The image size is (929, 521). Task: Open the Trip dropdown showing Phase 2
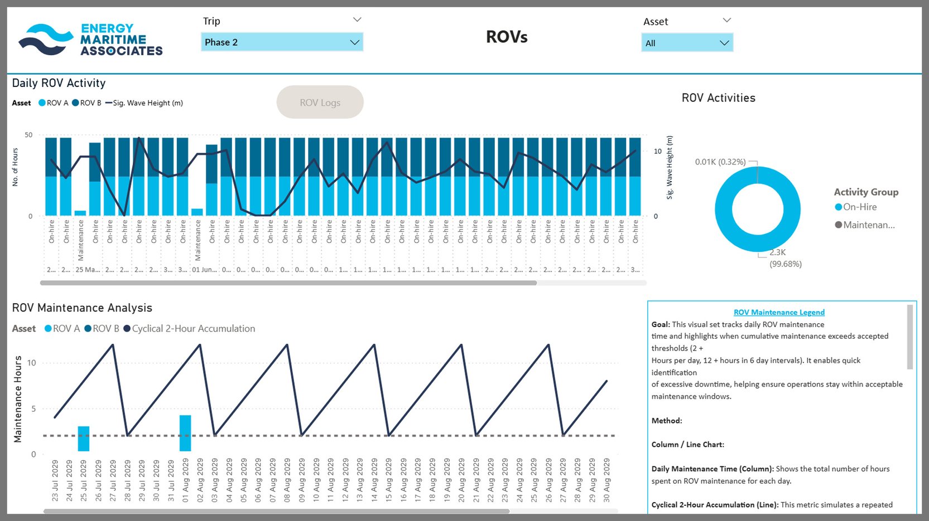click(282, 42)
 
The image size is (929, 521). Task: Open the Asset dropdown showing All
click(687, 43)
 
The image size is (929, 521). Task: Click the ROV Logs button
click(320, 103)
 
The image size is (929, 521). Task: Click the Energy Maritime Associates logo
click(90, 40)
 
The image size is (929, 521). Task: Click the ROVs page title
click(507, 37)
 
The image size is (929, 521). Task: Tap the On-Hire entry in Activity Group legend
click(859, 207)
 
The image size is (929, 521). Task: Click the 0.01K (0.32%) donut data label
click(720, 162)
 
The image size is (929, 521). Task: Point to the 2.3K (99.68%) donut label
click(784, 259)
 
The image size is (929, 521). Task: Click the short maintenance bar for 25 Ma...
click(80, 213)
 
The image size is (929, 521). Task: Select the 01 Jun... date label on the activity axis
click(204, 270)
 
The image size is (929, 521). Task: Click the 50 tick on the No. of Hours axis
click(28, 135)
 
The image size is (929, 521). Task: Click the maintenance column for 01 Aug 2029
click(185, 433)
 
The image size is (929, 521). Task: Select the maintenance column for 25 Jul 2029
click(84, 439)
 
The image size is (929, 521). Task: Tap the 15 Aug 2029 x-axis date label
click(389, 480)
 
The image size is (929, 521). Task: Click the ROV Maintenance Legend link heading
click(779, 313)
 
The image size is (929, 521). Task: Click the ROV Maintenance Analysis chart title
click(82, 308)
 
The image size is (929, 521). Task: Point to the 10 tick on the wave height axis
click(658, 151)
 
